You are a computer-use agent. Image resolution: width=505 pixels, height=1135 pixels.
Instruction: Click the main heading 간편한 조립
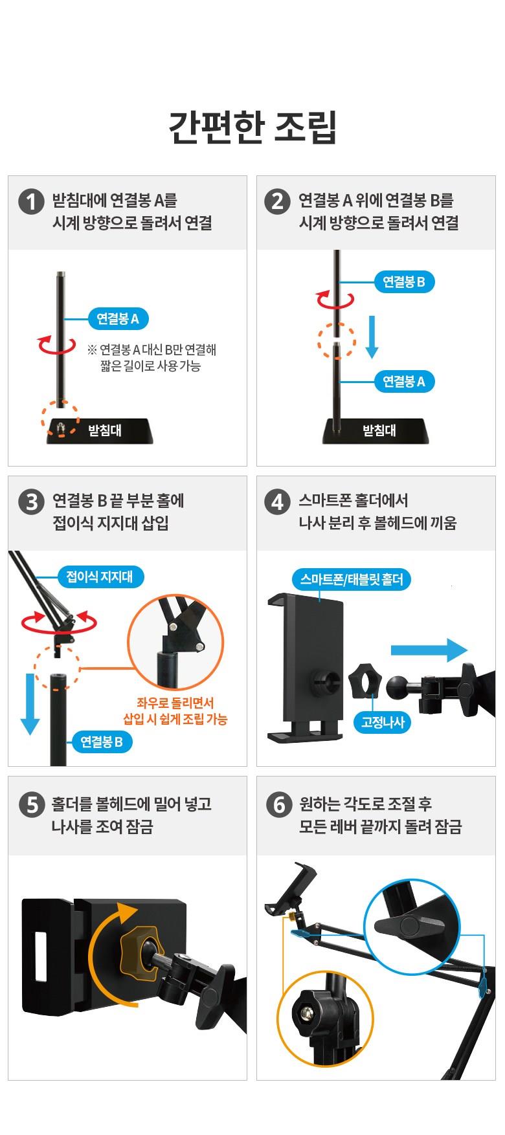tap(252, 127)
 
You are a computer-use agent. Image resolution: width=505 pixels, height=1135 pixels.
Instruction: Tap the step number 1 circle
tap(31, 201)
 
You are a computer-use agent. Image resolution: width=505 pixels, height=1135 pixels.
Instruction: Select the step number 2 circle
tap(277, 201)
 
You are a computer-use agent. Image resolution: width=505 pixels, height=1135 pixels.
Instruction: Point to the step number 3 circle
tap(31, 501)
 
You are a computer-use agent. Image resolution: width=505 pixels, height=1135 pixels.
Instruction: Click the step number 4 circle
tap(277, 501)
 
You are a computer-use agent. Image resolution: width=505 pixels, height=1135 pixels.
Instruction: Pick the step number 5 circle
tap(31, 805)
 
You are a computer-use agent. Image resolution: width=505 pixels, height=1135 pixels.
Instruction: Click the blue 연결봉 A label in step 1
tap(118, 318)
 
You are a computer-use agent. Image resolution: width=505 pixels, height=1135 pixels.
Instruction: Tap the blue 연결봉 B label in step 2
tap(404, 281)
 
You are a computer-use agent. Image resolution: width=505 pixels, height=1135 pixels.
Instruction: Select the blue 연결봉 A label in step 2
tap(404, 381)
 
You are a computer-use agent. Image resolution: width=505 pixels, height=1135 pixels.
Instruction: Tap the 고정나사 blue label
tap(383, 722)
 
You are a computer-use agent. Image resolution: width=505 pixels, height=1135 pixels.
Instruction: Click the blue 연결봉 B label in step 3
tap(102, 742)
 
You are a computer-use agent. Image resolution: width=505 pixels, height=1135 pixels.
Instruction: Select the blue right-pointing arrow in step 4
tap(429, 650)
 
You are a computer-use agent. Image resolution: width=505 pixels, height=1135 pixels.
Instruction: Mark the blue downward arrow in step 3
tap(30, 704)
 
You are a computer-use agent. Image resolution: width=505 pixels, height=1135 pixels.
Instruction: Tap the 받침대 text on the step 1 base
tap(105, 430)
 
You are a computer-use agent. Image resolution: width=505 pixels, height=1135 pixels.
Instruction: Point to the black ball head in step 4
tap(399, 687)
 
